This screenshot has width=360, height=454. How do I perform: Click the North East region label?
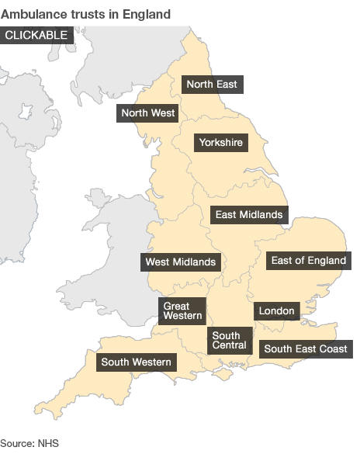(x=213, y=84)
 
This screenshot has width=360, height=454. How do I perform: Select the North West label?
(x=148, y=113)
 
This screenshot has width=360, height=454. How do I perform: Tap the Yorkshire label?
(x=220, y=142)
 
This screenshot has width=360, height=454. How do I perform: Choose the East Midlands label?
(x=249, y=214)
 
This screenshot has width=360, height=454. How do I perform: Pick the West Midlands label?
(x=181, y=262)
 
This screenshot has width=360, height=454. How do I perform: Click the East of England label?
(x=308, y=261)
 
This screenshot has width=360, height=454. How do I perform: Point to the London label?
(x=276, y=311)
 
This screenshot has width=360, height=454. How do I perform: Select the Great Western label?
(x=182, y=310)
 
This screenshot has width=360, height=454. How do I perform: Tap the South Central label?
(x=229, y=340)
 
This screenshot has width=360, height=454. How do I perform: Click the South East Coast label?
(x=305, y=348)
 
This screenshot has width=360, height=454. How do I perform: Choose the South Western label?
(x=136, y=362)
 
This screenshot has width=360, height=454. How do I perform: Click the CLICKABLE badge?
(x=36, y=35)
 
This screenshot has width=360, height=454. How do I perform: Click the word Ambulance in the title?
(x=31, y=14)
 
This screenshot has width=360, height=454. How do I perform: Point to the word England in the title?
(x=147, y=14)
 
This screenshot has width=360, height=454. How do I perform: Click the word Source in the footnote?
(x=17, y=442)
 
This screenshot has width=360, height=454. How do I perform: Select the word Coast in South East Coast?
(x=333, y=348)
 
